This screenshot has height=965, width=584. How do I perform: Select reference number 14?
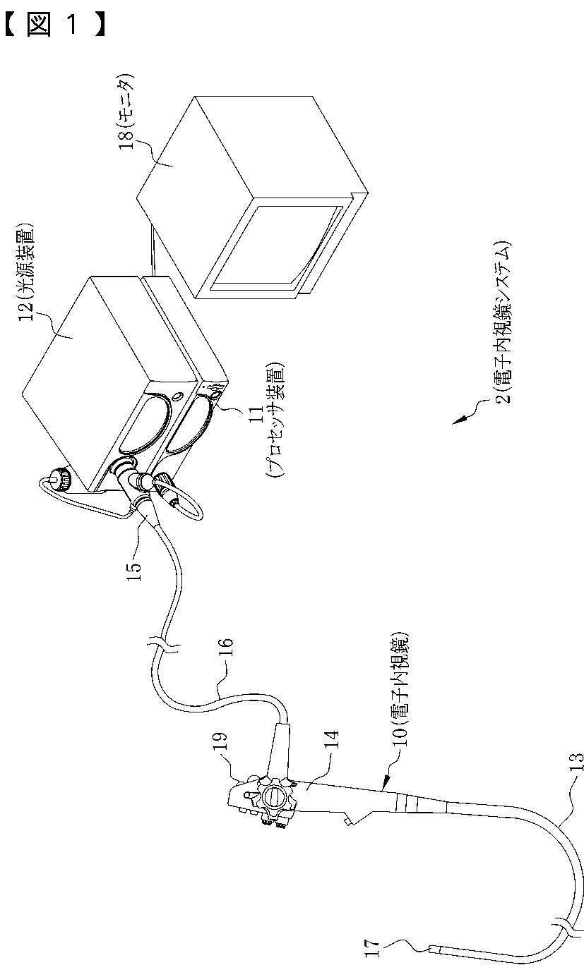click(x=331, y=745)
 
